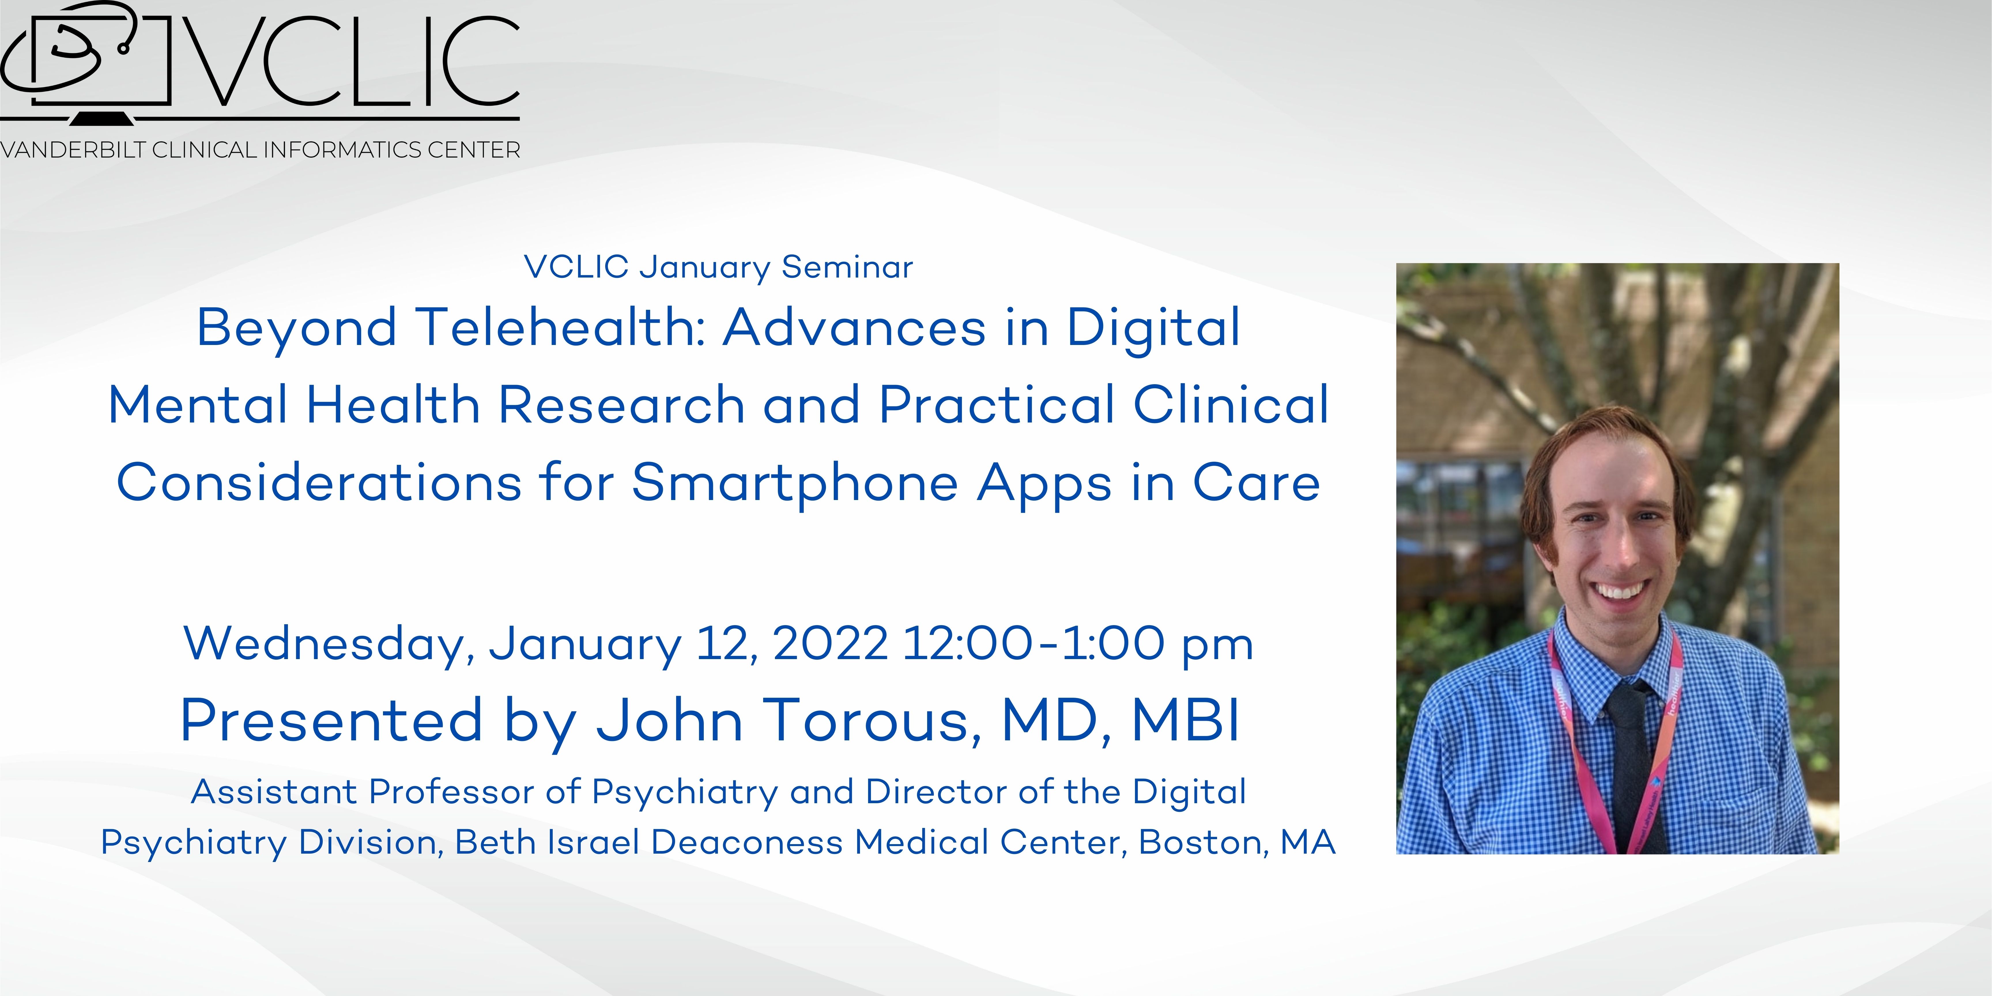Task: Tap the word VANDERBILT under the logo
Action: tap(73, 150)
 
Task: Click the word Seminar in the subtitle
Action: tap(848, 267)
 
